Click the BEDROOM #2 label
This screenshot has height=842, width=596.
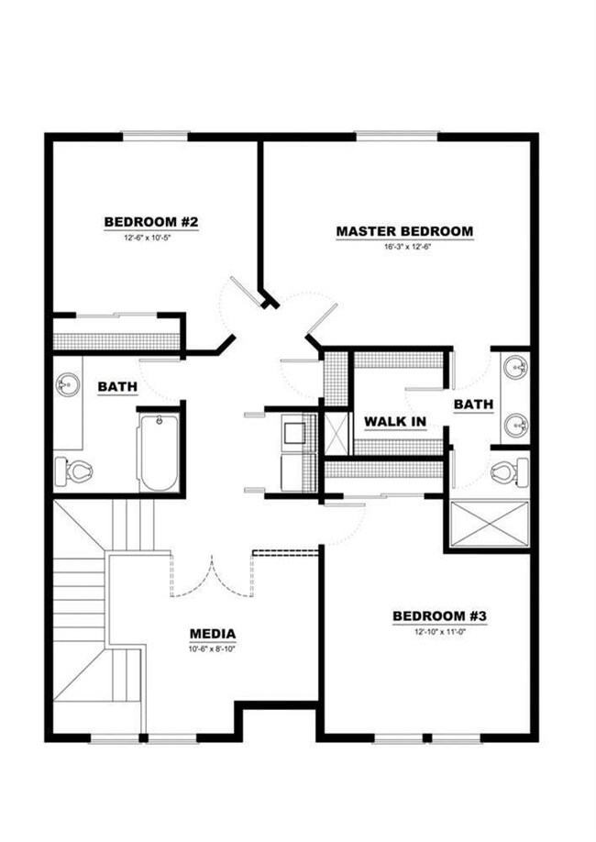[x=151, y=222]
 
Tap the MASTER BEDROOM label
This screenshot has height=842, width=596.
[x=404, y=231]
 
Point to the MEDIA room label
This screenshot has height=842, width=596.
[x=213, y=633]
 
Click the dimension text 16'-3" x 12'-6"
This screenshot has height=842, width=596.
[x=404, y=247]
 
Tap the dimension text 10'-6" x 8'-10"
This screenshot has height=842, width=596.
[x=213, y=648]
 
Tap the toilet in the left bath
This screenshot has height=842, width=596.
[x=73, y=471]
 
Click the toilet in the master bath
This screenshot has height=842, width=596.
[x=509, y=473]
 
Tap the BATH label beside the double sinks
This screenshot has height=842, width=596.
[x=474, y=404]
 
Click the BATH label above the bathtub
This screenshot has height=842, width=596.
[x=117, y=387]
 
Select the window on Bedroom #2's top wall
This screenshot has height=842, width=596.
[x=155, y=137]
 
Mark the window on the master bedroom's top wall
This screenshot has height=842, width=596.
[x=395, y=137]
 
